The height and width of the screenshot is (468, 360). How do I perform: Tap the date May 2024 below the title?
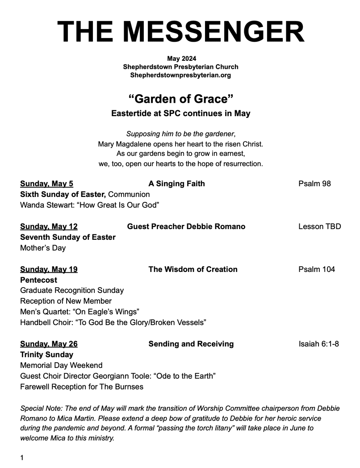(181, 58)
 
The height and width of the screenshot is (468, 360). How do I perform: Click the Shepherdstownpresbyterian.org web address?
(180, 75)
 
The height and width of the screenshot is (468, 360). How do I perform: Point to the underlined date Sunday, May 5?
(47, 184)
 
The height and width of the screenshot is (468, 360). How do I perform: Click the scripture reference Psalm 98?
(314, 184)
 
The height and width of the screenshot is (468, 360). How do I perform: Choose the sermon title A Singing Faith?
(176, 184)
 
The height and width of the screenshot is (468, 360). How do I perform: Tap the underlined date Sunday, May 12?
(49, 226)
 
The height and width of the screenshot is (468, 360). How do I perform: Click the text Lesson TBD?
(319, 226)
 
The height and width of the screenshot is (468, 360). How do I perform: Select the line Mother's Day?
(43, 248)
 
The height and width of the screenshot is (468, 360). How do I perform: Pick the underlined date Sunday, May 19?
(49, 269)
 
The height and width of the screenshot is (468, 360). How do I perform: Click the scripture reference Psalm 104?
(317, 269)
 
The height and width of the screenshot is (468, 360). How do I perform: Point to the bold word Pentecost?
(39, 280)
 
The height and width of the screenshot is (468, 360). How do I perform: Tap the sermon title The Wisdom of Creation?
(193, 269)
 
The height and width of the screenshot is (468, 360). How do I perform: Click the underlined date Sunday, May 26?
(49, 344)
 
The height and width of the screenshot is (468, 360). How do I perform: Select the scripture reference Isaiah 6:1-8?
(319, 344)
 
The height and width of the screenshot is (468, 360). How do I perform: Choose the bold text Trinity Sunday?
(47, 355)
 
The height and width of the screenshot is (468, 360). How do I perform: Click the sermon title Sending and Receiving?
(191, 344)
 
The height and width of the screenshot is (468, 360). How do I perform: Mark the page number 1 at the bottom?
(22, 458)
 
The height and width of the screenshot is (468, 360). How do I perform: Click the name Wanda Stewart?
(44, 205)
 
